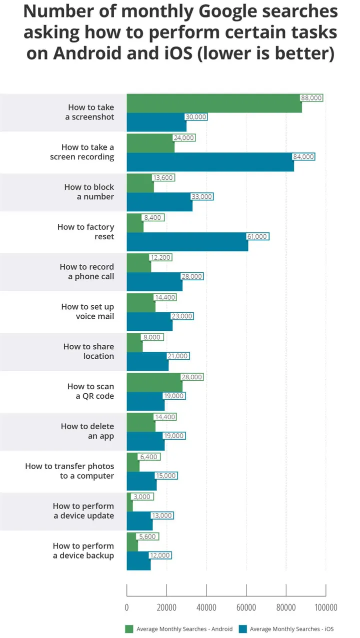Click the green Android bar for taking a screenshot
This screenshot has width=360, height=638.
point(214,103)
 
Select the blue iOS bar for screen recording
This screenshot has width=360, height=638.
point(210,162)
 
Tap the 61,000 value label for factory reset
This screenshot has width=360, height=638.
point(257,236)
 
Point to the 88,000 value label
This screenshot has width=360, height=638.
point(311,98)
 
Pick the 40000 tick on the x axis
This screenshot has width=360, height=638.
point(206,608)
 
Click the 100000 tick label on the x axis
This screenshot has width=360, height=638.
point(325,608)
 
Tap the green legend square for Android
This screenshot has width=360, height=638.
point(129,629)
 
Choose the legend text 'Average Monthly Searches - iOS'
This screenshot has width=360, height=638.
point(291,629)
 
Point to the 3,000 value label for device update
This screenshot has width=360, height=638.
point(142,497)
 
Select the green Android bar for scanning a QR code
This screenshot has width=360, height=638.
point(154,382)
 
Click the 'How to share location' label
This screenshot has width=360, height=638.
point(89,351)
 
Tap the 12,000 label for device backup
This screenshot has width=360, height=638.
point(160,555)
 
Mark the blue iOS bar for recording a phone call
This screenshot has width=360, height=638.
point(154,282)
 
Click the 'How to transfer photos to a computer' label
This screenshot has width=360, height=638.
point(70,471)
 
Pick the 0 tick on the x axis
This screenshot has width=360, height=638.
point(126,608)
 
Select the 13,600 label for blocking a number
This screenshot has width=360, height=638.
point(163,177)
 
